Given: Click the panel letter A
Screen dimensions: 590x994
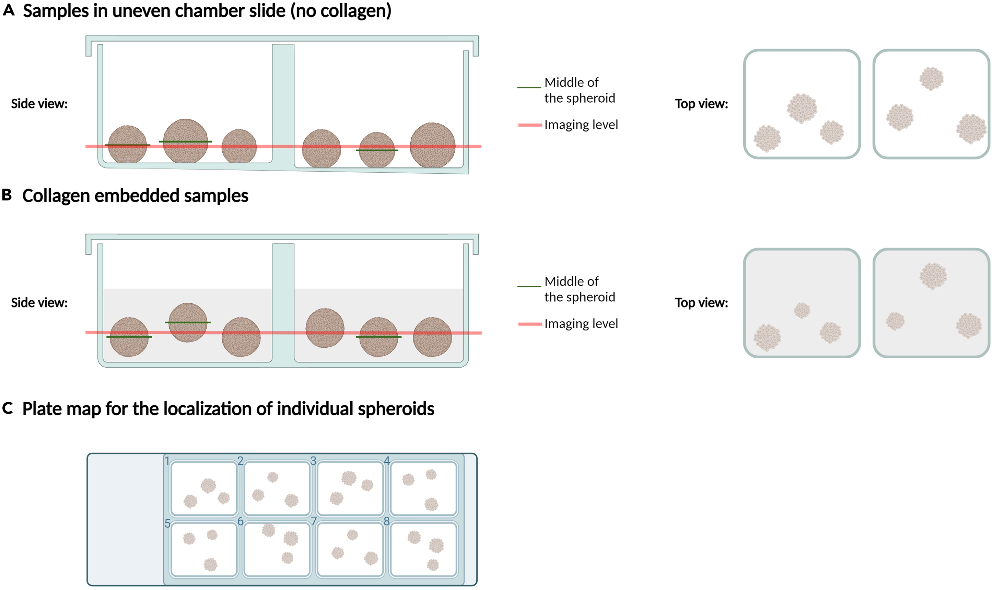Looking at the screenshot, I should (x=8, y=10).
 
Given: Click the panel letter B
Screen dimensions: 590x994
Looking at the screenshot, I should (x=7, y=195).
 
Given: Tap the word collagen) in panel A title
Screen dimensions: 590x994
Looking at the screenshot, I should (x=356, y=11).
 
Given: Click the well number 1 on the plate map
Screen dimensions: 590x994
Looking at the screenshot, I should (x=167, y=461).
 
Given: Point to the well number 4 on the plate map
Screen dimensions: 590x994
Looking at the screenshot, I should (x=387, y=461).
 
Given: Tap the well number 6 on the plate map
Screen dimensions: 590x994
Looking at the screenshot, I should (x=241, y=521).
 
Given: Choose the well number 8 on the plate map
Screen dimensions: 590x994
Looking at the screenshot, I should (x=387, y=521).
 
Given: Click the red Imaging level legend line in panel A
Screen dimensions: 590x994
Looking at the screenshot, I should (x=530, y=125).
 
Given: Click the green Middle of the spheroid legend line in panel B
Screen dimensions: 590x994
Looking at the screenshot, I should (x=529, y=286).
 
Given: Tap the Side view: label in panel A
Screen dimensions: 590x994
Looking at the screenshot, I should (x=39, y=104).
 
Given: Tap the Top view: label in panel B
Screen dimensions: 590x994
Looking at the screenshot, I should (x=701, y=303).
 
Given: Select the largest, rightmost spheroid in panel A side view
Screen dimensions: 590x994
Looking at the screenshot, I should (x=432, y=145).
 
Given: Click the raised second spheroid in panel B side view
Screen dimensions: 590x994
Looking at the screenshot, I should (x=188, y=322).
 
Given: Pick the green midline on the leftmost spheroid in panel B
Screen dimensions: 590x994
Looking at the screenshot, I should (x=129, y=337).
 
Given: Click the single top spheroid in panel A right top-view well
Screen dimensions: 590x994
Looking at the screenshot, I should (x=931, y=78).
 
